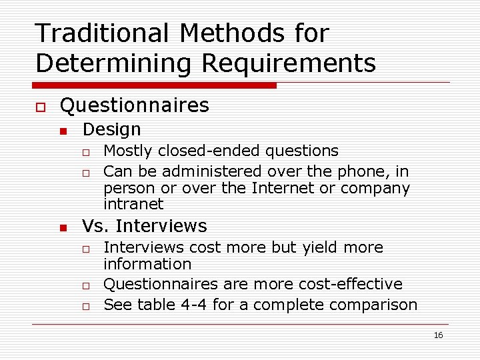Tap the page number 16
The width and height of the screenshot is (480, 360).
438,335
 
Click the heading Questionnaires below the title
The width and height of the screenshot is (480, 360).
134,105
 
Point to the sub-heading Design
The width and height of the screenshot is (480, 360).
111,129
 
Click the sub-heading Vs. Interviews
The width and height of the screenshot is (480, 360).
144,226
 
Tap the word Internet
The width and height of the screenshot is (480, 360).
284,188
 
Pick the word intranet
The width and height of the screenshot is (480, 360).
133,204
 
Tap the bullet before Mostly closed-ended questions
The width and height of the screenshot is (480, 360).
86,153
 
